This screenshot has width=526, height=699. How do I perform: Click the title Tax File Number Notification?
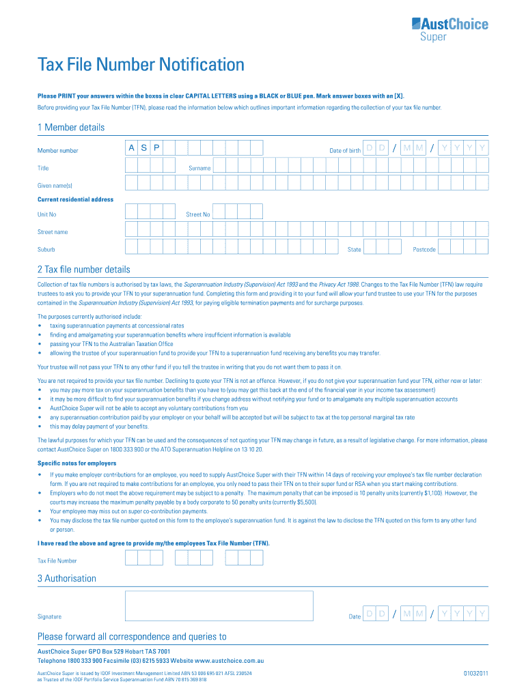(x=140, y=65)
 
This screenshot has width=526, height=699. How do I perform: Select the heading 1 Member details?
(x=71, y=128)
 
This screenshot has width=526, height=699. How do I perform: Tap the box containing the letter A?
(x=131, y=147)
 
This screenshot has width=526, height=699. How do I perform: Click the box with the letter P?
(x=156, y=147)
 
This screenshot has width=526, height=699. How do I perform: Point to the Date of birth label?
(x=344, y=150)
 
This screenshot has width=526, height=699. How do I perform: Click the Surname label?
(x=199, y=168)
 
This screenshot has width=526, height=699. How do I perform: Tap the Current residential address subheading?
(x=75, y=199)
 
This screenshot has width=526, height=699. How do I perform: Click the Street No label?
(x=198, y=214)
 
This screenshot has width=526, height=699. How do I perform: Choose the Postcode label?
(x=424, y=250)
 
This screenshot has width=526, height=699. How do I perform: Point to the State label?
(x=354, y=250)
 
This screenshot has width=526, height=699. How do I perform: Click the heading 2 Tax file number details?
(x=83, y=270)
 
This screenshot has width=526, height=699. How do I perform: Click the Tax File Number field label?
(x=57, y=561)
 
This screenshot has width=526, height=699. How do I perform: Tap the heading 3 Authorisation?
(x=66, y=579)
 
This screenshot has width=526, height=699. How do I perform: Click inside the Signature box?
(x=219, y=605)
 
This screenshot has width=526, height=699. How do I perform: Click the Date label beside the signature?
(x=354, y=617)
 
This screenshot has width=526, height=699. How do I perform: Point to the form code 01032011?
(x=475, y=673)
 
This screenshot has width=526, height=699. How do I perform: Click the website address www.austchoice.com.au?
(x=229, y=661)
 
